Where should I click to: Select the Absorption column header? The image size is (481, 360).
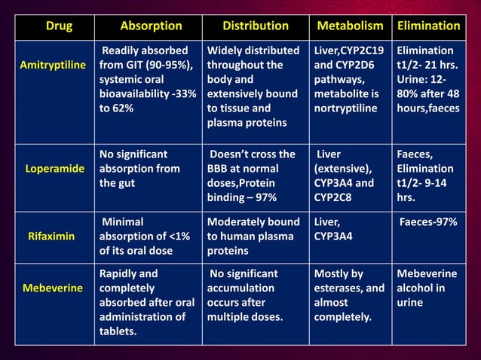click(x=151, y=26)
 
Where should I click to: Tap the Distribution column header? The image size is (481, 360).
click(x=256, y=26)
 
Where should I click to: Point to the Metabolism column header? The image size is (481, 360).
click(x=350, y=26)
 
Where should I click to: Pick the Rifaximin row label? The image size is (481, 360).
click(x=51, y=236)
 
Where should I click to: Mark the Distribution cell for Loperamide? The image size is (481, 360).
click(x=253, y=175)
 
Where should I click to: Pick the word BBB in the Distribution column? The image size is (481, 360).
click(x=218, y=169)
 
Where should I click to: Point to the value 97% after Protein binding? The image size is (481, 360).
click(x=265, y=197)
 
